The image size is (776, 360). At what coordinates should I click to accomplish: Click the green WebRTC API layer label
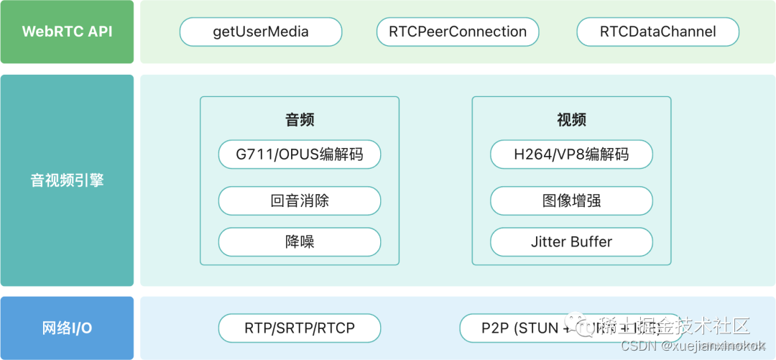pyautogui.click(x=67, y=32)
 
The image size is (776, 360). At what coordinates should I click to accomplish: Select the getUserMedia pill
pyautogui.click(x=260, y=32)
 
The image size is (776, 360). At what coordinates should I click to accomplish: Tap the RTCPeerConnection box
pyautogui.click(x=458, y=32)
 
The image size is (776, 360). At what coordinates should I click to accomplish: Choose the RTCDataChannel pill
pyautogui.click(x=657, y=32)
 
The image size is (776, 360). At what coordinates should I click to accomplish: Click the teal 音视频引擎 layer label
pyautogui.click(x=67, y=180)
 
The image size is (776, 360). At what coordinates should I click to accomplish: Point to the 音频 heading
pyautogui.click(x=300, y=120)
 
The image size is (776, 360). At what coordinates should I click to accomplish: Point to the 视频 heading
pyautogui.click(x=571, y=120)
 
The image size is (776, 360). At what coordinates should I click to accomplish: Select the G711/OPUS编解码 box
pyautogui.click(x=300, y=154)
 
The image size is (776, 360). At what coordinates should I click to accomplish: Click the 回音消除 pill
pyautogui.click(x=300, y=200)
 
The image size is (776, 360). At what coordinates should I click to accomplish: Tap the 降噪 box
pyautogui.click(x=300, y=242)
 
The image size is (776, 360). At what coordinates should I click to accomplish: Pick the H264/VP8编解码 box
pyautogui.click(x=571, y=154)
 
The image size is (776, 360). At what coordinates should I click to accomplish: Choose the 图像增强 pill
pyautogui.click(x=571, y=200)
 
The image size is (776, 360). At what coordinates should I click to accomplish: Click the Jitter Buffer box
pyautogui.click(x=571, y=242)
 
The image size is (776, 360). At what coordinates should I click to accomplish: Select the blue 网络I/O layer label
pyautogui.click(x=67, y=328)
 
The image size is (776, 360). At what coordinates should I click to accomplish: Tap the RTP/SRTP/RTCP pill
pyautogui.click(x=300, y=328)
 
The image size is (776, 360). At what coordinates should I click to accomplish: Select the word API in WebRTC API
pyautogui.click(x=98, y=32)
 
